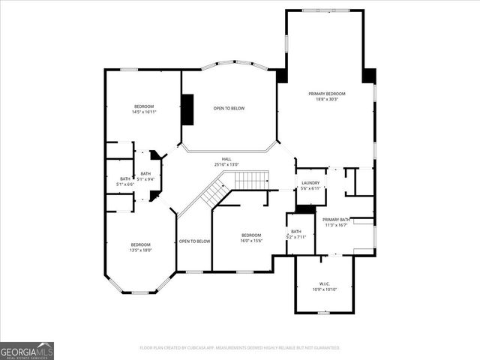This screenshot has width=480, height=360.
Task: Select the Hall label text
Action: point(226,159)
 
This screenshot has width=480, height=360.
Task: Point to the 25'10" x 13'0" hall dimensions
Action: point(226,164)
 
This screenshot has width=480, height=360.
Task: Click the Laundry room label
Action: point(310,183)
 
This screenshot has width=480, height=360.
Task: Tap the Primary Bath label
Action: point(336,220)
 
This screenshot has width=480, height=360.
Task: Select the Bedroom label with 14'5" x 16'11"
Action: point(144,106)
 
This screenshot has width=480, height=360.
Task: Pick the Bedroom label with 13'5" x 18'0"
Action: point(141,244)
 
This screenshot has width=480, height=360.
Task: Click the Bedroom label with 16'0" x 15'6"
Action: point(250,235)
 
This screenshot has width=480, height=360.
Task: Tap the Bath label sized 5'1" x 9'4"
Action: point(145,174)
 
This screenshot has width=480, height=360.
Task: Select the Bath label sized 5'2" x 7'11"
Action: point(296,232)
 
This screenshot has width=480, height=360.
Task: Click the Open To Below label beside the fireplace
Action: point(229,108)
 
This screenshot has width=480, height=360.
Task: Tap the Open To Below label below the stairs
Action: point(194,241)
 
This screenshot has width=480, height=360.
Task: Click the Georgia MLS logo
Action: point(27,350)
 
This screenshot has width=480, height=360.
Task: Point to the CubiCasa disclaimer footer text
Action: point(240,348)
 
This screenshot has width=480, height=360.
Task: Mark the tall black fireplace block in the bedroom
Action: point(187,109)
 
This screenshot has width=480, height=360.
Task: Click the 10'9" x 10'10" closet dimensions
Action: point(325,289)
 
